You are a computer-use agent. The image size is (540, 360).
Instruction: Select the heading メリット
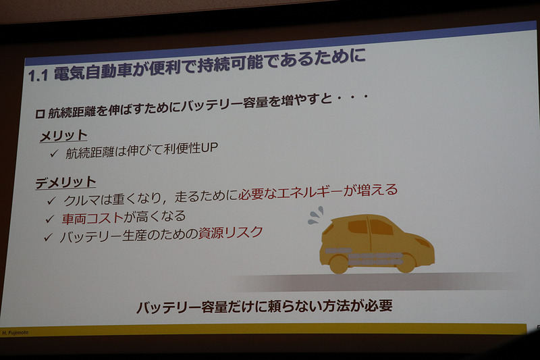pyautogui.click(x=63, y=136)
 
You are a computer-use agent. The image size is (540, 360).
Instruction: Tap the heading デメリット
pyautogui.click(x=67, y=183)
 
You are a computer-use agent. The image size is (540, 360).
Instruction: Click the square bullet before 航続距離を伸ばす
pyautogui.click(x=40, y=114)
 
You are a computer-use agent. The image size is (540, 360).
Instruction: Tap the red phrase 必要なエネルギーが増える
pyautogui.click(x=318, y=192)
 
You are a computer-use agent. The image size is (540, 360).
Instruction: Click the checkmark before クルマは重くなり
pyautogui.click(x=51, y=201)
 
